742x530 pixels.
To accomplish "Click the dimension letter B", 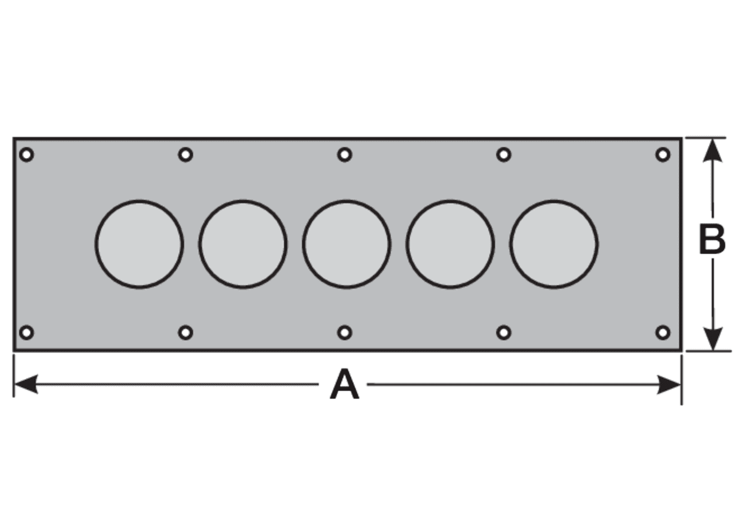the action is (712, 240).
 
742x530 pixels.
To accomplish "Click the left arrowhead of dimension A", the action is (26, 385).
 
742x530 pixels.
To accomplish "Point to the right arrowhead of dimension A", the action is (669, 385).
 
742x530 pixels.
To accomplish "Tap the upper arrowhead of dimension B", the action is (712, 150).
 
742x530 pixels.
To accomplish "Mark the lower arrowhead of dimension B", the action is (712, 338).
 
